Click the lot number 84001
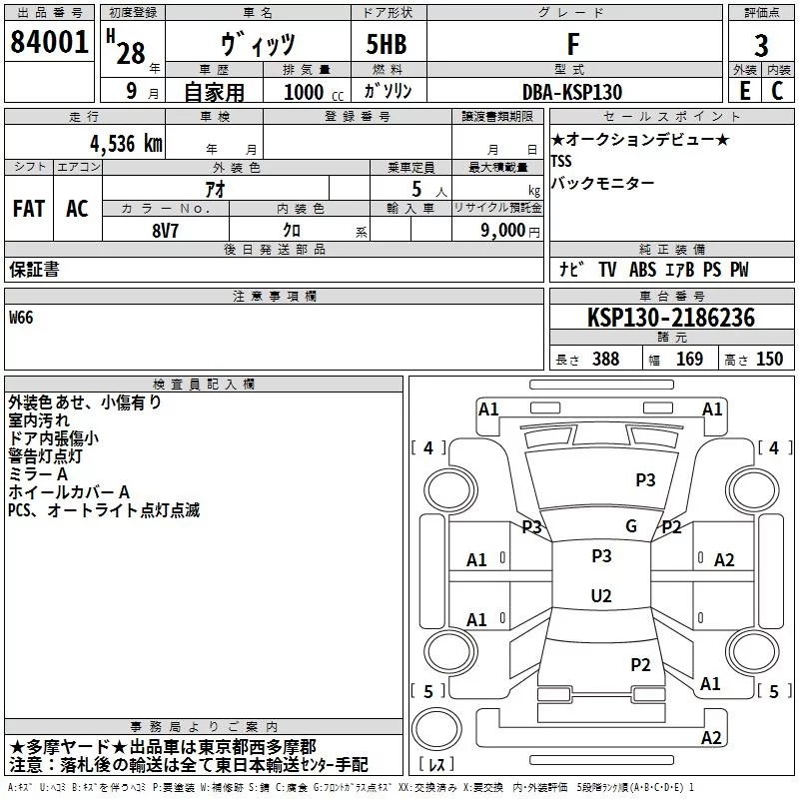49,41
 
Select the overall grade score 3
761,45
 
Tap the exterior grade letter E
745,91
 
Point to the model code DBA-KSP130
572,92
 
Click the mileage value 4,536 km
127,144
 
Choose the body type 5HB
387,44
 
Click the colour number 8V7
165,231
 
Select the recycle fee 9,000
503,230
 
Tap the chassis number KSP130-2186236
670,318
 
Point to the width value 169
689,359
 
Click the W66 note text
21,318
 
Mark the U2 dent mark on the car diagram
601,595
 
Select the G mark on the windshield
631,526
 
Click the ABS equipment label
642,269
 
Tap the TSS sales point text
561,161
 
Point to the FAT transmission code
29,209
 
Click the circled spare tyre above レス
436,729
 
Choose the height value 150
769,359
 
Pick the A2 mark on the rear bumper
711,737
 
